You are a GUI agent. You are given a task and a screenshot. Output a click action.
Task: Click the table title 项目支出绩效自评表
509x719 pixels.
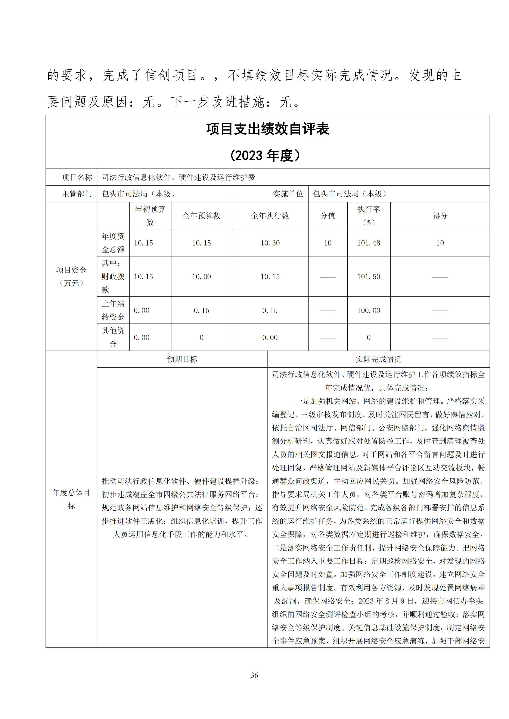coord(268,129)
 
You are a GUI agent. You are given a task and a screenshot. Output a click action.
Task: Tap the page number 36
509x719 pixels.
coord(254,675)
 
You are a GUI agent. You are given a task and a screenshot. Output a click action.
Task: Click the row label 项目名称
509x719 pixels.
coord(77,177)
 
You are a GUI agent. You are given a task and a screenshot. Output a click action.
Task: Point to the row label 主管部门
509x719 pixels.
coord(77,194)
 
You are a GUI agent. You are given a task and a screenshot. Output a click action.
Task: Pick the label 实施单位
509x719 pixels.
coord(288,194)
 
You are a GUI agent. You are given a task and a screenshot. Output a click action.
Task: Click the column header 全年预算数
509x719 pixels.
coord(201,215)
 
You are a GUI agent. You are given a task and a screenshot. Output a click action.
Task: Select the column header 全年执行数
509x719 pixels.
coord(270,215)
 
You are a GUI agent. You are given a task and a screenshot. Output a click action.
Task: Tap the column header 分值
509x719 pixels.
coord(328,215)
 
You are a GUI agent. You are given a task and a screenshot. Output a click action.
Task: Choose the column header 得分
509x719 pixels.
coord(440,215)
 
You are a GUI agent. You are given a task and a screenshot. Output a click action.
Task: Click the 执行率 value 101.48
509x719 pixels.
coord(369,243)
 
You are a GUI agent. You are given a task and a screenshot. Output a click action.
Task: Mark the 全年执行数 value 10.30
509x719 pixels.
coord(270,243)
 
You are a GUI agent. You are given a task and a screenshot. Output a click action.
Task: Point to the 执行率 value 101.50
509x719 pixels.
coord(369,277)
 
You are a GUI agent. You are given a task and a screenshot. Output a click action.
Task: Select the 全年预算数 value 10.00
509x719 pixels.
coord(201,277)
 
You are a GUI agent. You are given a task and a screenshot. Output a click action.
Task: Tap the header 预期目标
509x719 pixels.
coord(182,359)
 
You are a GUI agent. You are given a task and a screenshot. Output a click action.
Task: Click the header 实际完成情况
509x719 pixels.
coord(378,359)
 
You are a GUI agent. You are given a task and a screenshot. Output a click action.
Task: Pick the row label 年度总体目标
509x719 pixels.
coord(71,499)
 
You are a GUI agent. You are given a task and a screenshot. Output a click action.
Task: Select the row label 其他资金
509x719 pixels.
coord(113,337)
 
